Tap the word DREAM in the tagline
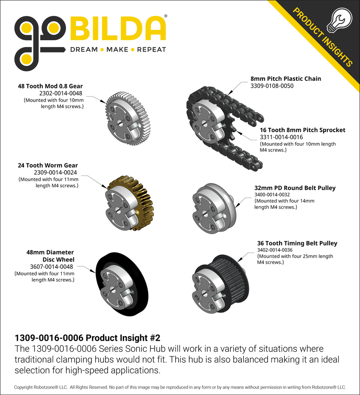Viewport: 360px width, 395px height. tap(83, 50)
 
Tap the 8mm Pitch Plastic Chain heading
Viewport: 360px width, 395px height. tap(286, 79)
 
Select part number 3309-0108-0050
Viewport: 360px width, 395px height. tap(272, 86)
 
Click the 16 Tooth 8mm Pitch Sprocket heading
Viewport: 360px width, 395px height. tap(302, 130)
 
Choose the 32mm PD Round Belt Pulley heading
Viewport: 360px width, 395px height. tap(295, 188)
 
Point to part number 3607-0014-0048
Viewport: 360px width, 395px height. tap(51, 267)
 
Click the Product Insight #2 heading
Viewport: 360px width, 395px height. tap(87, 338)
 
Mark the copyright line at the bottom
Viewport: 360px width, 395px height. tap(180, 387)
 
